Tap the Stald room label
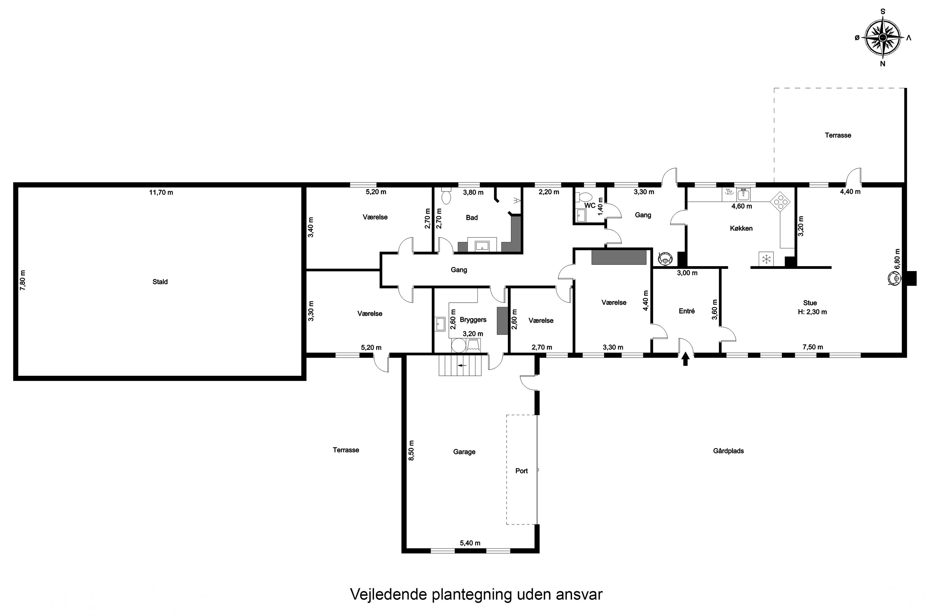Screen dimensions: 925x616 [x=160, y=282]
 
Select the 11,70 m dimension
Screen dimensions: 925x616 [x=161, y=192]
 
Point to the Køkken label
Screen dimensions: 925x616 [x=741, y=228]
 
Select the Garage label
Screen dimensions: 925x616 [x=464, y=452]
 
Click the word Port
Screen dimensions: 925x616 [x=521, y=471]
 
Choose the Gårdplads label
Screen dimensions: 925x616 [x=728, y=451]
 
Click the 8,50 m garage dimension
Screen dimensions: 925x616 [x=411, y=450]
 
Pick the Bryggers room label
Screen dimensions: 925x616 [x=473, y=320]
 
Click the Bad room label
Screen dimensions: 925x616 [x=471, y=218]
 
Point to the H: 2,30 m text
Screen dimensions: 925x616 [x=812, y=312]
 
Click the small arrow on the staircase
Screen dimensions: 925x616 [x=462, y=365]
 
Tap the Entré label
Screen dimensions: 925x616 [x=687, y=311]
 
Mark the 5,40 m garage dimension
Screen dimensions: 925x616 [x=470, y=543]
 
